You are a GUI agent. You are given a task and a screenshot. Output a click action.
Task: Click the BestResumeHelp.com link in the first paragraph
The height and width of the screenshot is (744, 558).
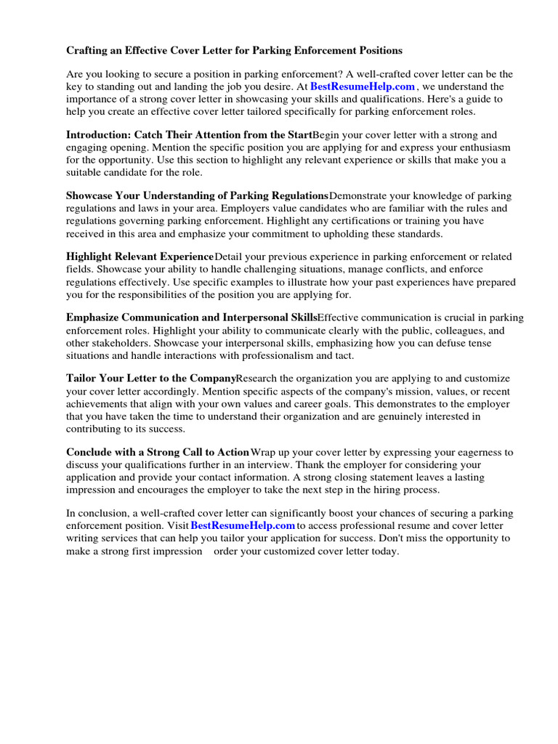tap(362, 86)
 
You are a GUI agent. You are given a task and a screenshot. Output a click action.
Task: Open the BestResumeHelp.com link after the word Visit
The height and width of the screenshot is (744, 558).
tap(243, 525)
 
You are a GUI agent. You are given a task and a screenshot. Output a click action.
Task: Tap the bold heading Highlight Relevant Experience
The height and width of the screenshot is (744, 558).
tap(139, 257)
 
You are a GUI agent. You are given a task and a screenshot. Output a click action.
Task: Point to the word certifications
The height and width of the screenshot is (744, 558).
tap(367, 221)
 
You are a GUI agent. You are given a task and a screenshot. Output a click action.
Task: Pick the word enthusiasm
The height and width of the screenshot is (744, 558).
tap(485, 147)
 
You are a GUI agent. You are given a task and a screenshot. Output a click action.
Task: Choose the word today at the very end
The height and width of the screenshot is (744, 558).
tap(385, 551)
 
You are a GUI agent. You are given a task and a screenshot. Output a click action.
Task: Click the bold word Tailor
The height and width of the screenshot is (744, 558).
tap(81, 379)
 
